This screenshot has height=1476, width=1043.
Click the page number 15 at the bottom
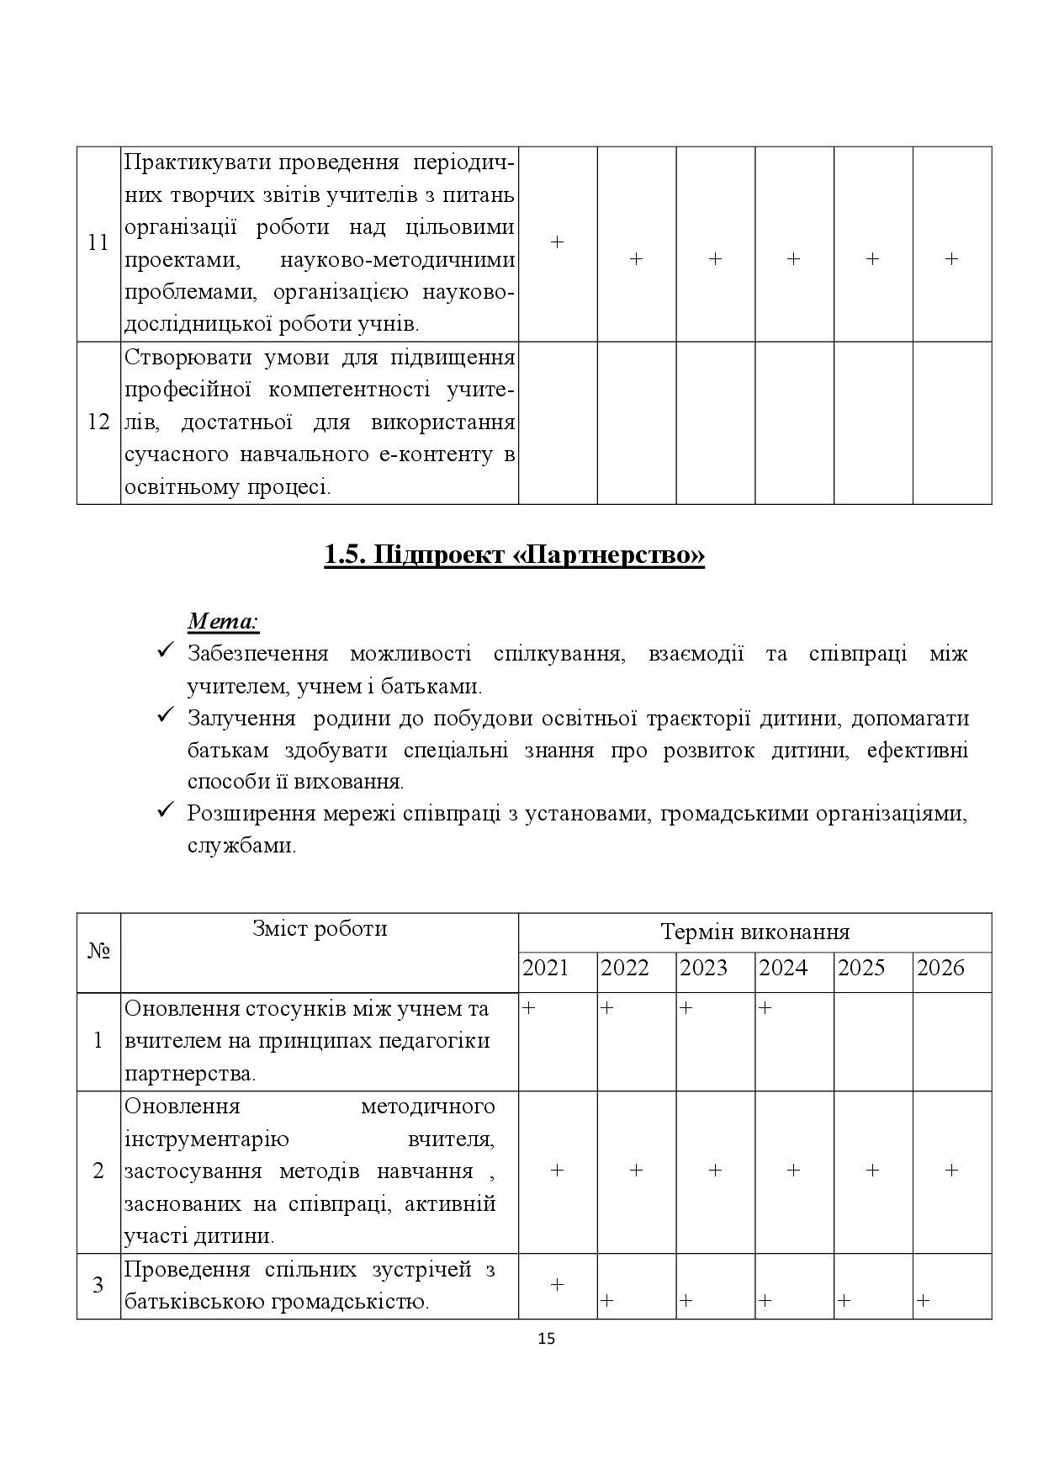(546, 1340)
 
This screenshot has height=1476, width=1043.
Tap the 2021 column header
(546, 968)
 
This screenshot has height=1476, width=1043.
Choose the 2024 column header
(783, 968)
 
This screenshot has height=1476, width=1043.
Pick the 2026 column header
(940, 968)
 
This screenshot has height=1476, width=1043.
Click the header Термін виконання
(754, 932)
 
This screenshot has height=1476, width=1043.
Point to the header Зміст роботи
(320, 928)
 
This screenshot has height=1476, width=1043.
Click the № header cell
(98, 952)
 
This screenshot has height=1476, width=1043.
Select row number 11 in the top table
(98, 243)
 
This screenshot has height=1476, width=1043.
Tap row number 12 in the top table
(98, 422)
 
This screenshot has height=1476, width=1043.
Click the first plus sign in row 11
(557, 242)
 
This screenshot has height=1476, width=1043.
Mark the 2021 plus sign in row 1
(528, 1007)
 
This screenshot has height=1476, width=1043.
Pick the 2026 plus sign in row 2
(951, 1171)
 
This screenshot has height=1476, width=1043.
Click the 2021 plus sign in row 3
(557, 1285)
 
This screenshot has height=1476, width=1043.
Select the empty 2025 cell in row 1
(872, 1042)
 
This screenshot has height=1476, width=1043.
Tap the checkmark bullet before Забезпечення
(166, 652)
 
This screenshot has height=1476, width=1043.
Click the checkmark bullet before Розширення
(166, 812)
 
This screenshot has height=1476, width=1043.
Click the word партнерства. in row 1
(190, 1074)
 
